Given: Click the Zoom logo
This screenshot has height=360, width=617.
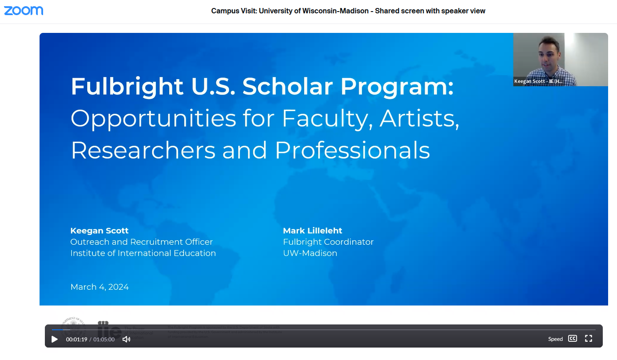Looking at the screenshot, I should (x=24, y=10).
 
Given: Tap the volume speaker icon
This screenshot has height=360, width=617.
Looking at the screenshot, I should (x=126, y=339).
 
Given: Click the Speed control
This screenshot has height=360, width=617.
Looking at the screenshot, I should (x=555, y=339).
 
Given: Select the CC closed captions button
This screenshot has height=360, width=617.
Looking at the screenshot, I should (x=573, y=339).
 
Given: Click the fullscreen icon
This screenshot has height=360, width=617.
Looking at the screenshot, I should (x=589, y=339).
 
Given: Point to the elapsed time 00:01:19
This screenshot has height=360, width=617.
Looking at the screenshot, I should (x=76, y=339).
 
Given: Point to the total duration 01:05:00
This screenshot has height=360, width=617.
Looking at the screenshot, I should (x=104, y=339).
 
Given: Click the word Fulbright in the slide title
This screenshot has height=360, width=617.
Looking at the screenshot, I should (x=127, y=86).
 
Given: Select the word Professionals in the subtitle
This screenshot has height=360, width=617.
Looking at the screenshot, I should (x=352, y=150).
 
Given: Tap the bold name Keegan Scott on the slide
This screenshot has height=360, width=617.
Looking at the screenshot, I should (x=100, y=231).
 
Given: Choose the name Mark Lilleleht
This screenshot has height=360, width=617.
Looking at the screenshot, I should (x=313, y=231).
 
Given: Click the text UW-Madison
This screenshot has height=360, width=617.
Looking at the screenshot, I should (x=310, y=253).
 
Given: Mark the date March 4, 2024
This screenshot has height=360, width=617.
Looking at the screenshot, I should (x=100, y=287).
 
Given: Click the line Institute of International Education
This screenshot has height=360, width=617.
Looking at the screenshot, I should (x=143, y=253).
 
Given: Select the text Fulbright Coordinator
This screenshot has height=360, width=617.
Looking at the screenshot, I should (x=328, y=242).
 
